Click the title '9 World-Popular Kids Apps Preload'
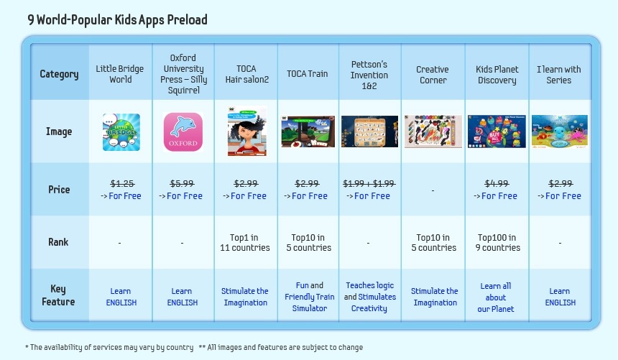click(117, 19)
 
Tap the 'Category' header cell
click(59, 74)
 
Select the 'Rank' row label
click(58, 241)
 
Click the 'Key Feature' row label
click(58, 295)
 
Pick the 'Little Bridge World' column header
click(120, 74)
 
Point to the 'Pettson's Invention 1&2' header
click(369, 75)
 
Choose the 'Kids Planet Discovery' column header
click(497, 75)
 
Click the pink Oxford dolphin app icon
click(183, 132)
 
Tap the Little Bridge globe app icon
click(121, 132)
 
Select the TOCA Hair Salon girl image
click(247, 131)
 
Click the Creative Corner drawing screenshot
click(433, 131)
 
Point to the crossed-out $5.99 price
click(182, 184)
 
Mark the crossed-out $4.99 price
click(497, 184)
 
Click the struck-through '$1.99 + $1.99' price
click(369, 184)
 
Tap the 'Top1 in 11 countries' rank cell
click(245, 242)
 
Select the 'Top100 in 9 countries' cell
click(499, 242)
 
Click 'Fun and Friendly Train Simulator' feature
click(310, 297)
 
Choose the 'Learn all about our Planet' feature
click(496, 297)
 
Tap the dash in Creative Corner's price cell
click(433, 190)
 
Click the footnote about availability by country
click(109, 347)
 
